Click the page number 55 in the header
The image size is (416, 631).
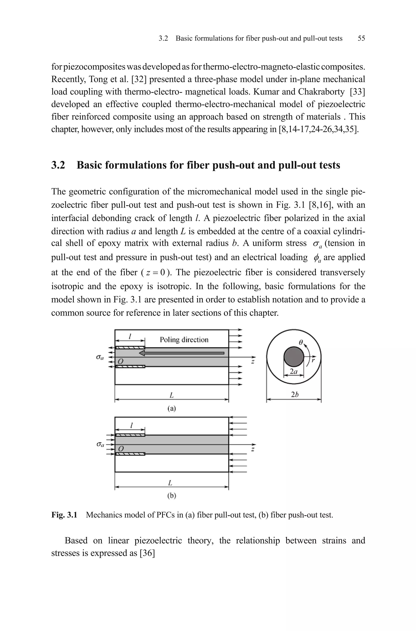[361, 38]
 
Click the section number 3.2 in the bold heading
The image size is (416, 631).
[58, 165]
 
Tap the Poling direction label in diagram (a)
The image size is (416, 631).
[184, 340]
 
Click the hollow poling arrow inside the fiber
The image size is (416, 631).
[182, 353]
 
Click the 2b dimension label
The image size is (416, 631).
[295, 395]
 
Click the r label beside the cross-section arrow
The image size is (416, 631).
[314, 360]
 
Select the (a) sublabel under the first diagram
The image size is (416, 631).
[172, 408]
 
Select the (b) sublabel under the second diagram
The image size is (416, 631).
[172, 495]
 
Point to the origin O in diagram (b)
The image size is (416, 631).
[121, 449]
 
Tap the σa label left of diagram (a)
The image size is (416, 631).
[100, 357]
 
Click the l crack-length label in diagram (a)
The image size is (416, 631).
[130, 337]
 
